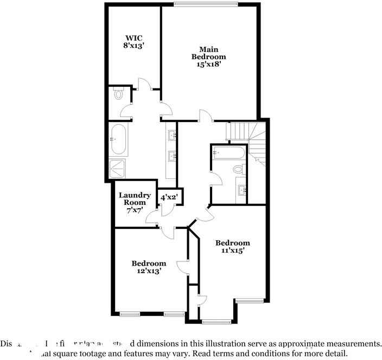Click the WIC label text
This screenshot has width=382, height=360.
pos(133,38)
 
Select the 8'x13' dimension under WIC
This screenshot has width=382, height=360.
pos(133,46)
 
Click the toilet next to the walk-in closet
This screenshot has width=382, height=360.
pos(119,94)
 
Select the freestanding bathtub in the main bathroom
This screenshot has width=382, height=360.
pos(119,139)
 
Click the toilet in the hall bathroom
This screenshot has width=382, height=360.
pos(238,170)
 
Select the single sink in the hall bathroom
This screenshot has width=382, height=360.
pos(242,190)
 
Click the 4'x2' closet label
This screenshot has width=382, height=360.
pos(168,197)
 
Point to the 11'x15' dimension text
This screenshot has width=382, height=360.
pos(232,250)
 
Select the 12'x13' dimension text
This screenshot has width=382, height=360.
pos(149,271)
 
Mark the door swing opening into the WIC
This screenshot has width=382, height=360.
pos(144,84)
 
